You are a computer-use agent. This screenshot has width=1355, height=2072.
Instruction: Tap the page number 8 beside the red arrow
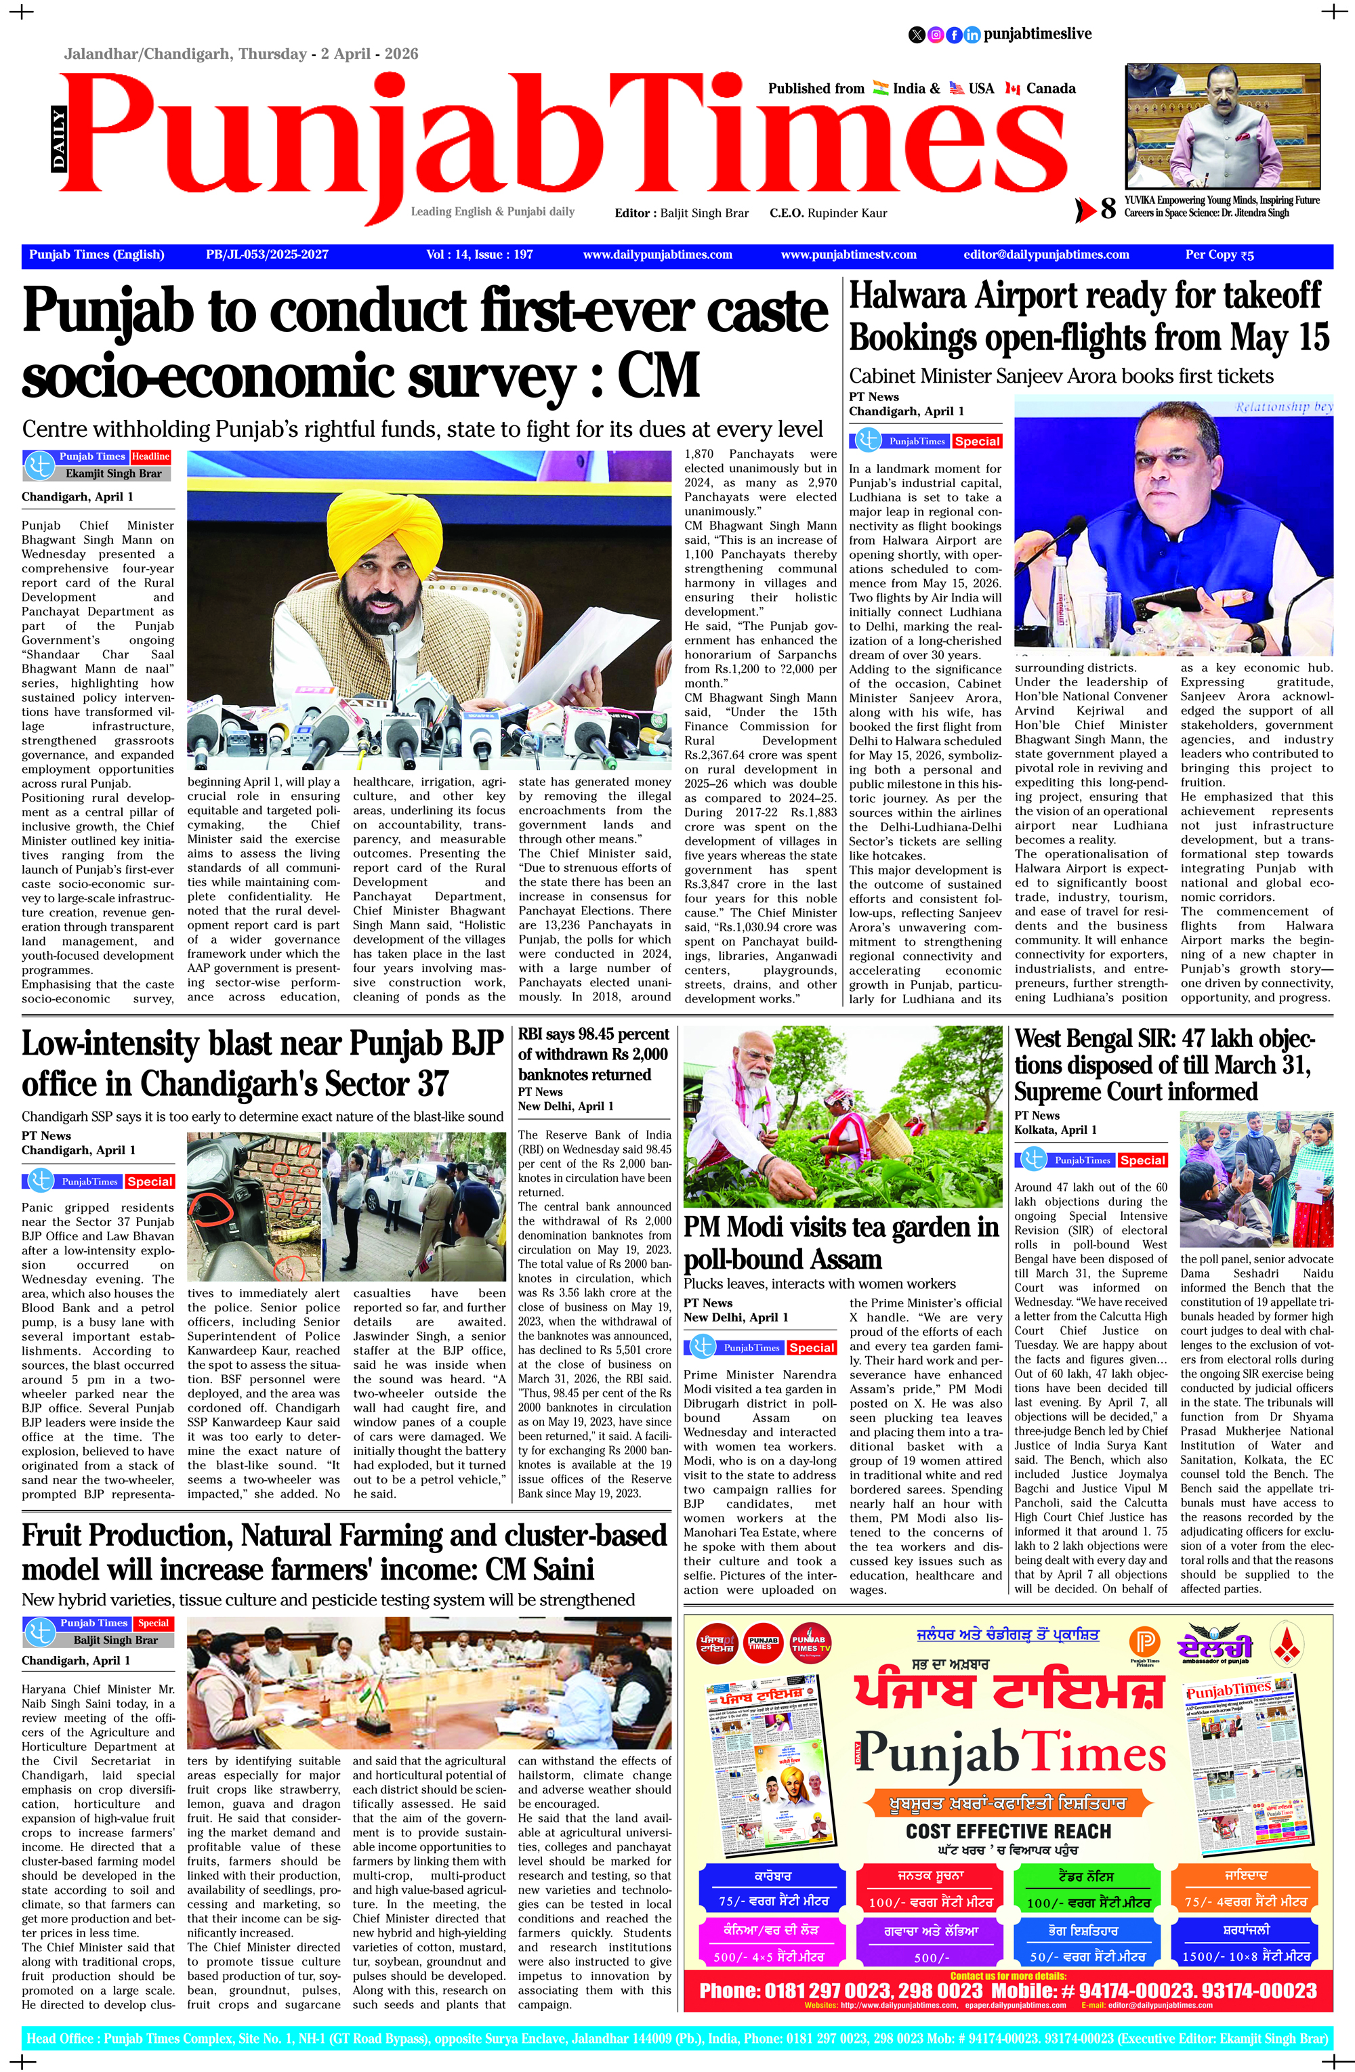(1108, 209)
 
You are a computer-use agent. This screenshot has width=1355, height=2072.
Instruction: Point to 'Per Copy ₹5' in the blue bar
(1219, 255)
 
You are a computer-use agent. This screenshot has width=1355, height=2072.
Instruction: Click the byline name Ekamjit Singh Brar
(113, 473)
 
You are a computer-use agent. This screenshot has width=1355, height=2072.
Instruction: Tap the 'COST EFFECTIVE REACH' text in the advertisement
(1008, 1832)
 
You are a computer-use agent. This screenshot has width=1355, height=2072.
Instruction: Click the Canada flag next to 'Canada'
(1012, 89)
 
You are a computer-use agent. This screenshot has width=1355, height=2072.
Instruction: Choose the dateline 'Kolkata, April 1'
(1056, 1130)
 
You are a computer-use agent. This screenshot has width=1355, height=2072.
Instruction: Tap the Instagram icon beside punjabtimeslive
(935, 35)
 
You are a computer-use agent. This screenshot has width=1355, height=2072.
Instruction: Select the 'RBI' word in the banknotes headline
(533, 1034)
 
